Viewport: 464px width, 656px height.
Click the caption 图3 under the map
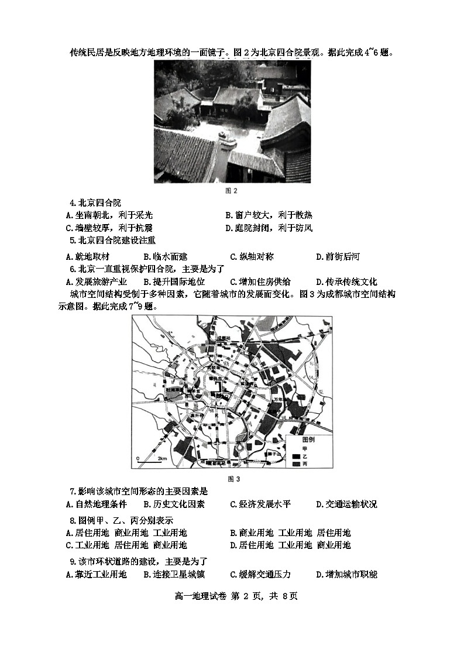pos(232,479)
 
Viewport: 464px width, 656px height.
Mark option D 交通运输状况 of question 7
pos(346,504)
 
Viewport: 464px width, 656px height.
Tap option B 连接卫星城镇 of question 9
pos(174,574)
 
